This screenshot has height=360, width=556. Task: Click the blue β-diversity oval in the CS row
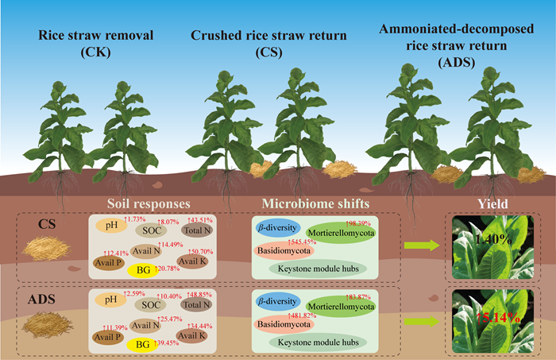(x=277, y=229)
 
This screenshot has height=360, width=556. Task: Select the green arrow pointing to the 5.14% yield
(x=417, y=323)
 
